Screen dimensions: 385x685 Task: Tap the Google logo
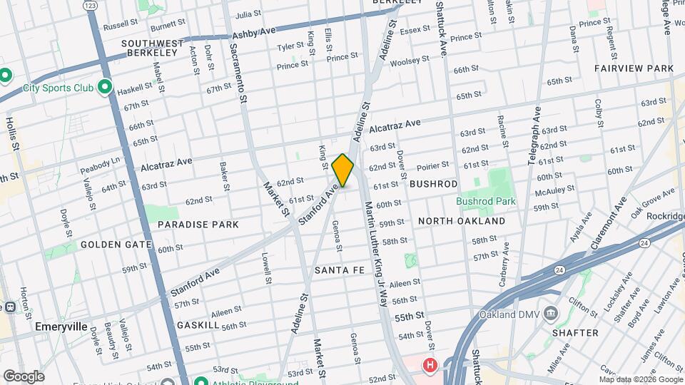pos(23,376)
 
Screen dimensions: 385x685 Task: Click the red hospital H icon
pos(430,366)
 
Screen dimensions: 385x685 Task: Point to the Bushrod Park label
pos(486,202)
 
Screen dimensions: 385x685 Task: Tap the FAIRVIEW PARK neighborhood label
pos(634,68)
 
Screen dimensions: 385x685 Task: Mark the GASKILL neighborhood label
pos(198,325)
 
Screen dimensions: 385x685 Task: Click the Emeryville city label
pos(61,327)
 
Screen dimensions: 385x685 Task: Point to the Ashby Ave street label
pos(254,33)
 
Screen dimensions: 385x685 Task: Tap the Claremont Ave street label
pos(604,225)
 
